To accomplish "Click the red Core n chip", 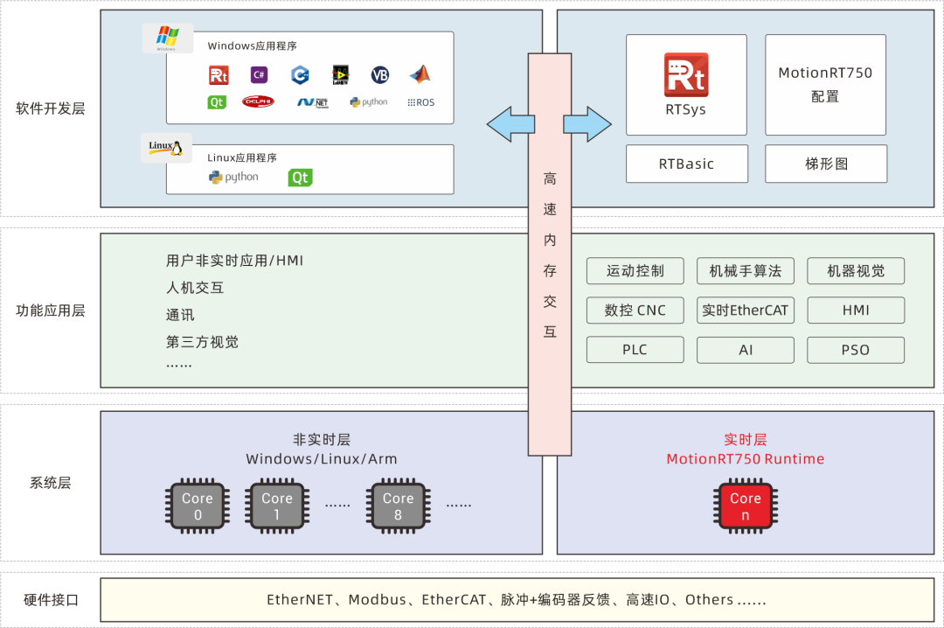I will (x=746, y=506).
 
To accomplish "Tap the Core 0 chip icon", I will (x=198, y=506).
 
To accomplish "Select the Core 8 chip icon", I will (x=398, y=506).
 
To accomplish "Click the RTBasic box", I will (x=686, y=164).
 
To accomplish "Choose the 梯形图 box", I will (x=826, y=164).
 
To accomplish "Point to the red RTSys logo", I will (x=686, y=75).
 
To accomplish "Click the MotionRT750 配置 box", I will (x=825, y=85).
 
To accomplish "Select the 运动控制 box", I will (x=635, y=271).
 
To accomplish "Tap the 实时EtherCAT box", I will (x=746, y=311).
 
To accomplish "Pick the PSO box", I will (x=855, y=350).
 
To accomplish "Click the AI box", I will (x=746, y=350).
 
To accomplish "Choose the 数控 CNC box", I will (x=635, y=311).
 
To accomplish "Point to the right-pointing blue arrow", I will (x=587, y=123).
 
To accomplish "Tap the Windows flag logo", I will (x=167, y=38).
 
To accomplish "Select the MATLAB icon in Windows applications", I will (x=420, y=74).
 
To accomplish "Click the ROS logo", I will (x=420, y=102).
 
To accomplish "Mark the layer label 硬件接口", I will (x=51, y=600).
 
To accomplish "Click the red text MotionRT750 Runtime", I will (x=746, y=459).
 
